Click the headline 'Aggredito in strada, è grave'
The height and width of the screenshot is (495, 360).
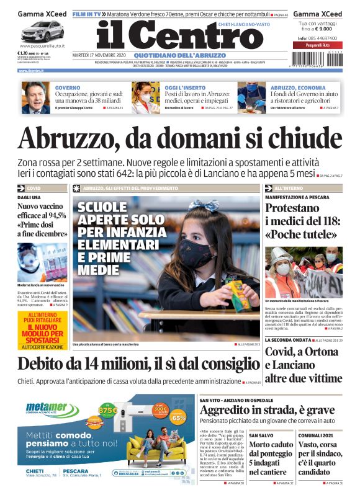[x=267, y=410]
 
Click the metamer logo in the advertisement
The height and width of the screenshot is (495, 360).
[x=46, y=408]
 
